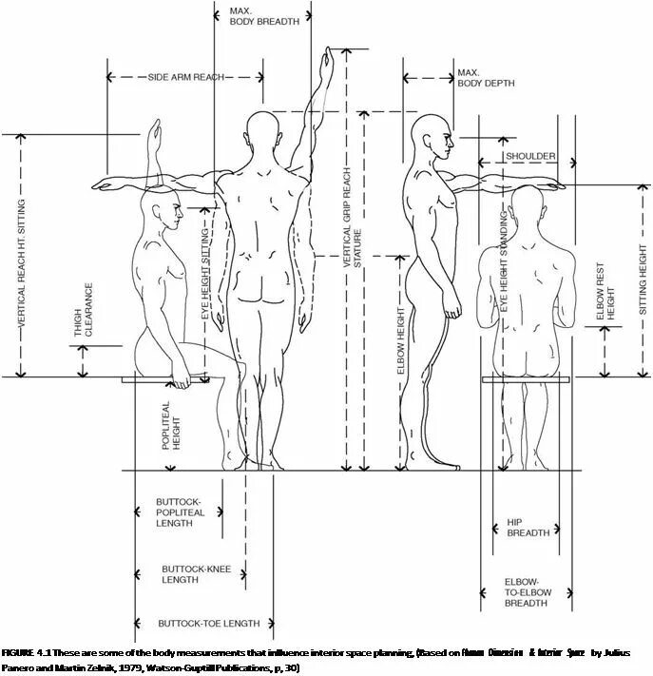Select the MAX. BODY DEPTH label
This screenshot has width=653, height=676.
coord(486,78)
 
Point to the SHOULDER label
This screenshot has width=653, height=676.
coord(530,155)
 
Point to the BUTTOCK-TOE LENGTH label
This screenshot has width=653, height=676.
coord(209,624)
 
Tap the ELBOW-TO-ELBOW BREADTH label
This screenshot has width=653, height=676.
coord(526,591)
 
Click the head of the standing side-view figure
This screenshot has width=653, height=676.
coord(436,138)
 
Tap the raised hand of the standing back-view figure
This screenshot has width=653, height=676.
coord(328,64)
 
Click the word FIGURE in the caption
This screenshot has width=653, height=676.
coord(17,653)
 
